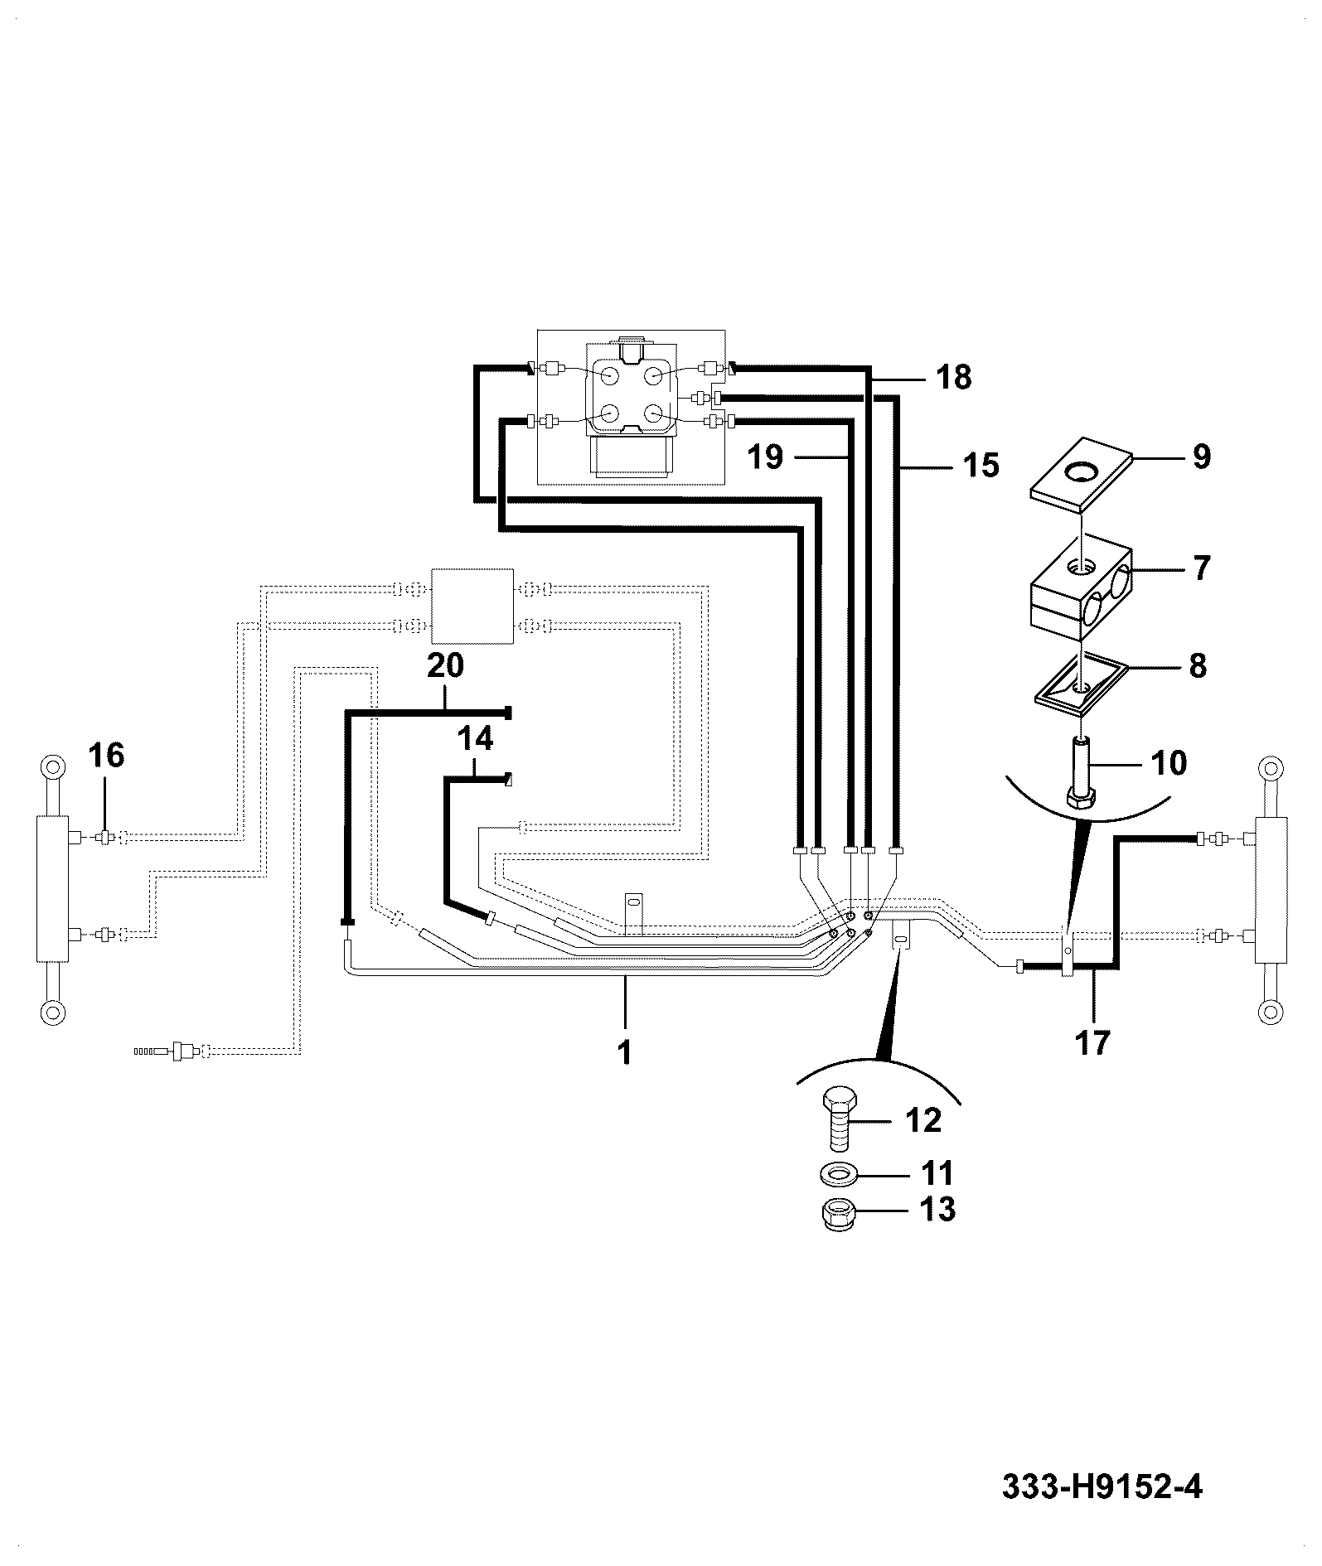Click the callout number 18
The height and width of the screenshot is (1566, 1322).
[x=953, y=378]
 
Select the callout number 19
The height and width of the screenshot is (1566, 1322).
[x=764, y=457]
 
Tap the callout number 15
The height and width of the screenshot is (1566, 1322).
[x=981, y=466]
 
